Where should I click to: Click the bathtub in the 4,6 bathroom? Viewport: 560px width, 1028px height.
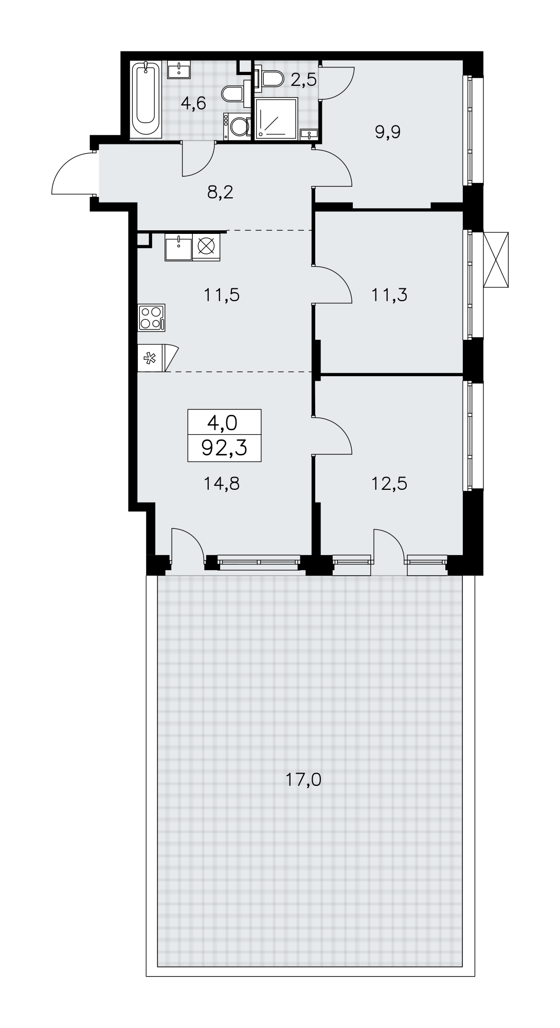pyautogui.click(x=147, y=99)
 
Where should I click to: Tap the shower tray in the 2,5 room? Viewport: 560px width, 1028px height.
pyautogui.click(x=276, y=118)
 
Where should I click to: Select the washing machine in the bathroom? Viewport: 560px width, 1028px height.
pyautogui.click(x=237, y=126)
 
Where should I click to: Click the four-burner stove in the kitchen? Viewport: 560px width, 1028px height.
pyautogui.click(x=152, y=317)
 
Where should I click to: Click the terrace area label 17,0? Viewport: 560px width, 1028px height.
pyautogui.click(x=303, y=780)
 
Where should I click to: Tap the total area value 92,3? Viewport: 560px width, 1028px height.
pyautogui.click(x=225, y=448)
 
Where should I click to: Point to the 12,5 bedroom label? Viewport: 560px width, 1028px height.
pyautogui.click(x=389, y=483)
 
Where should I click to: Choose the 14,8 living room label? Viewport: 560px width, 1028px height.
pyautogui.click(x=222, y=483)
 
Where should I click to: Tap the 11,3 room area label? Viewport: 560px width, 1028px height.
pyautogui.click(x=389, y=295)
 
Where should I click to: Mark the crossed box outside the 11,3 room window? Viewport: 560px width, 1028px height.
pyautogui.click(x=496, y=260)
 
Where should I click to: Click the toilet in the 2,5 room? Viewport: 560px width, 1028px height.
pyautogui.click(x=270, y=78)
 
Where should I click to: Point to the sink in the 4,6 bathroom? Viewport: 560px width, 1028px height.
pyautogui.click(x=178, y=69)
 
